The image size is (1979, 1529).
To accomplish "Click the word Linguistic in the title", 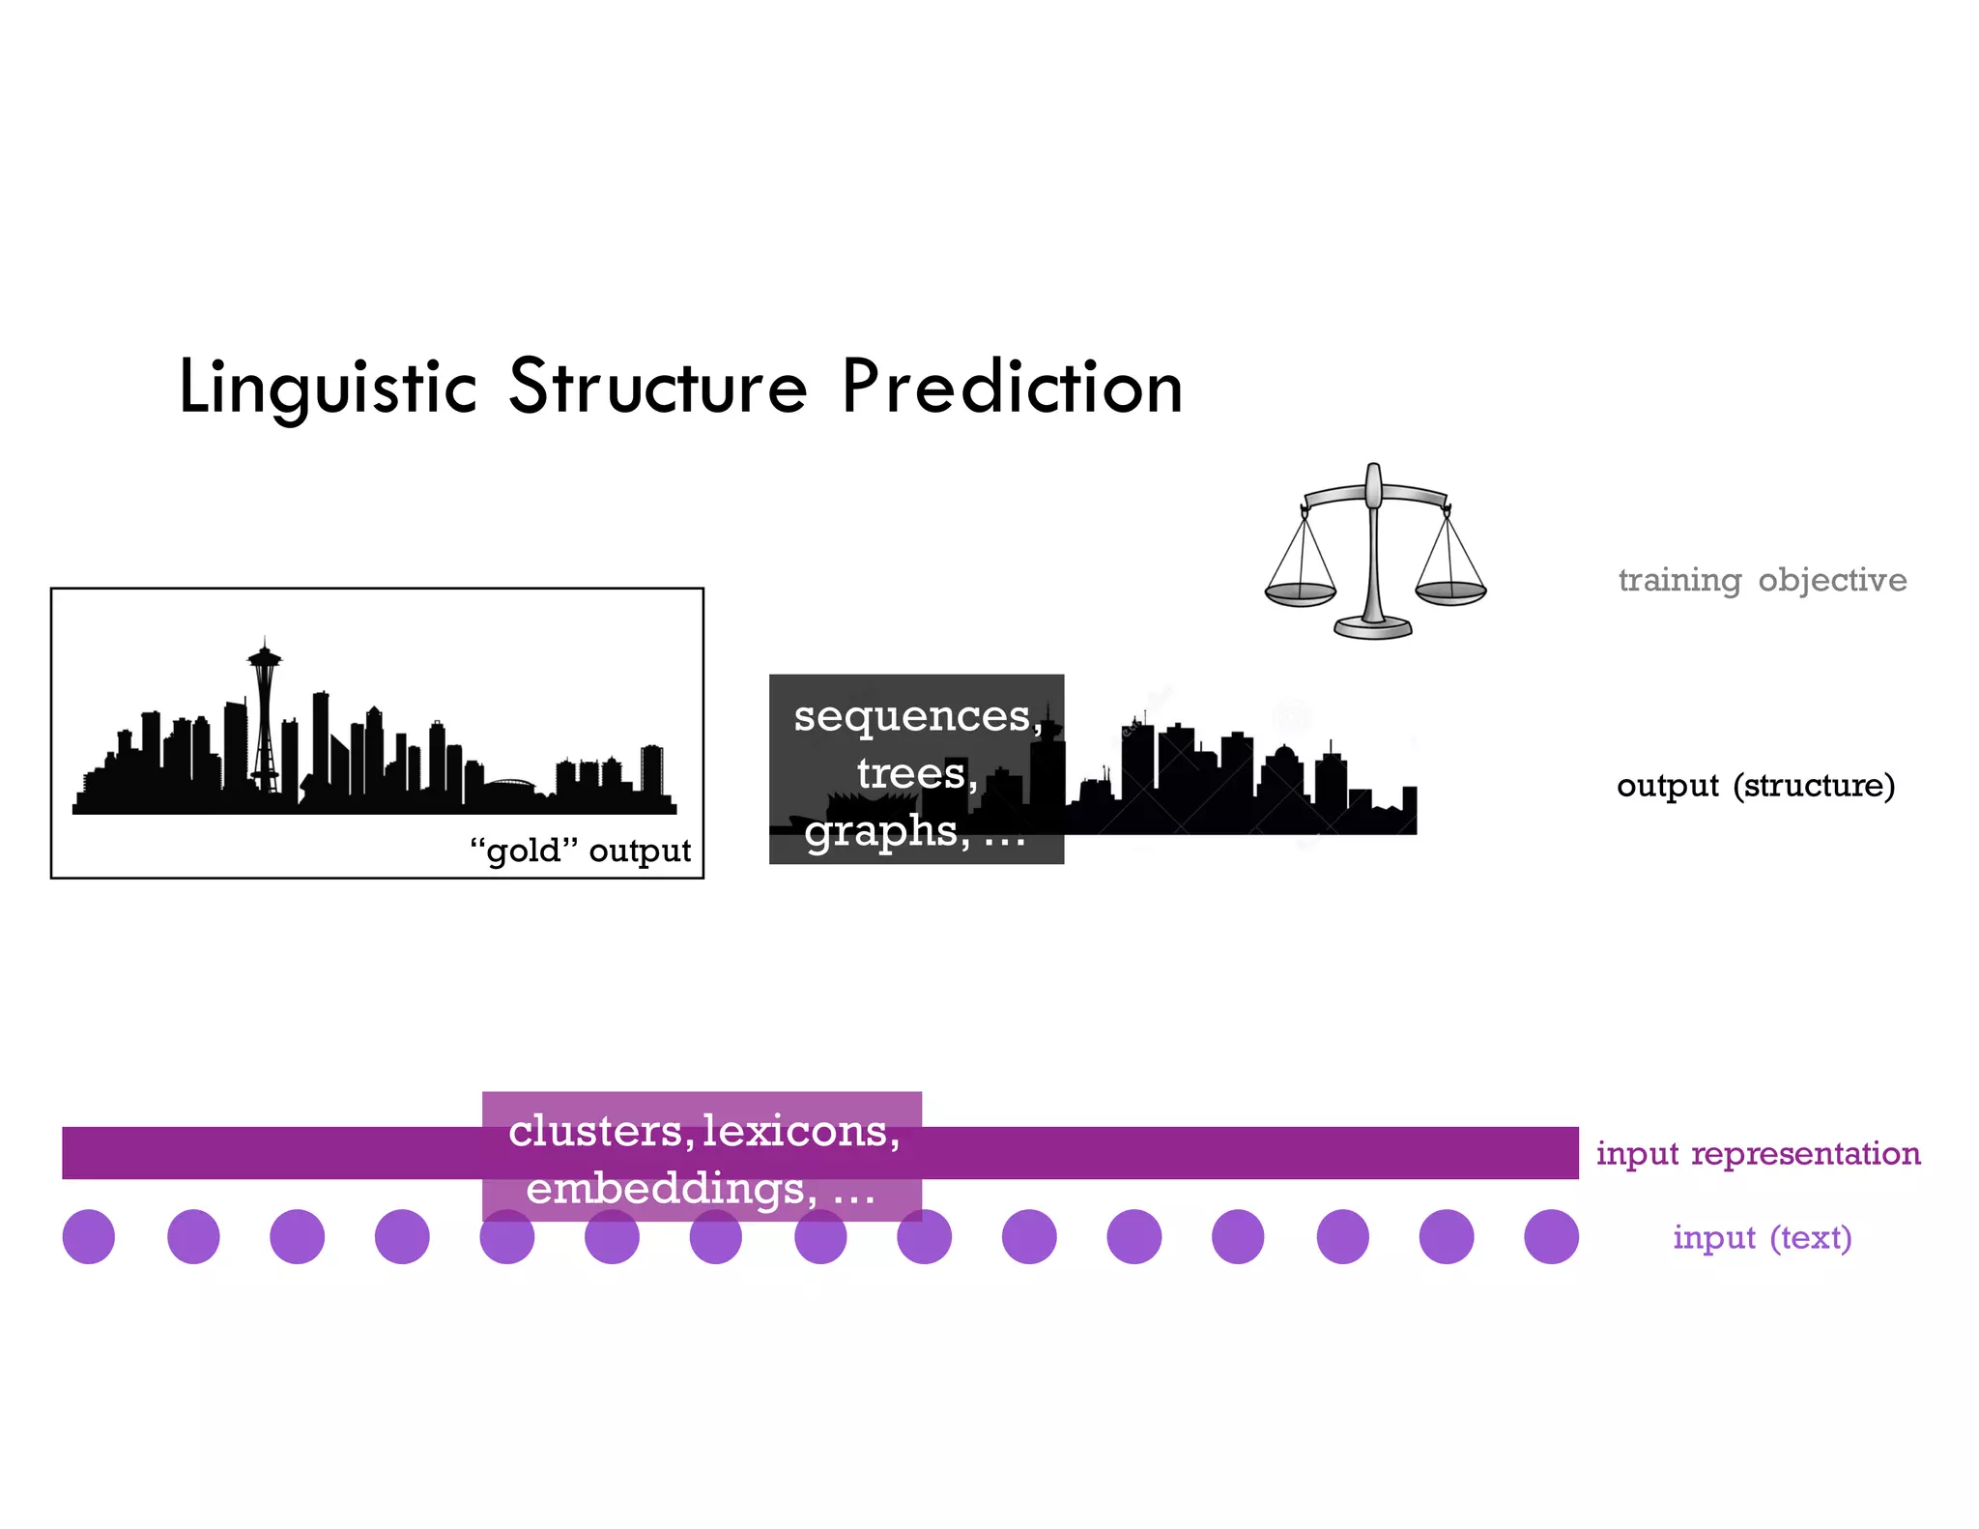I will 328,388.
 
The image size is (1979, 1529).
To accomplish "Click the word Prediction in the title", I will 1012,388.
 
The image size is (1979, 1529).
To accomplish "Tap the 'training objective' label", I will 1762,580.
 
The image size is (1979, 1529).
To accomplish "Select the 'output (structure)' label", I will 1755,785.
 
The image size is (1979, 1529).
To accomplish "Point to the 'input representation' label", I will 1758,1153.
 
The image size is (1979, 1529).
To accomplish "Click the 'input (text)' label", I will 1762,1237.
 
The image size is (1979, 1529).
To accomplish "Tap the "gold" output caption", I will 580,851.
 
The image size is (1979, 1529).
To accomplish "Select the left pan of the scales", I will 1300,593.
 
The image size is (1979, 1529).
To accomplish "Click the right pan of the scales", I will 1450,591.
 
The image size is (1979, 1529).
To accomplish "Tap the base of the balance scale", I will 1372,629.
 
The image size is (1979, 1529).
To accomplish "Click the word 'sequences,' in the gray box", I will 917,716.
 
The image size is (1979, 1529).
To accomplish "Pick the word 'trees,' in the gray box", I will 917,773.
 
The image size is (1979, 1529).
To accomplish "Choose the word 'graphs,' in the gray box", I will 887,831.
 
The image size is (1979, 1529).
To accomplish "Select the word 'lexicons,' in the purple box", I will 801,1131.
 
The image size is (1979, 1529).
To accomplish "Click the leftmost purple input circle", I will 89,1236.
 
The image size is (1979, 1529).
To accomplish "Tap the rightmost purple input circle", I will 1551,1236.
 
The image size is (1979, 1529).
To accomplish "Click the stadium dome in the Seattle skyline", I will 508,784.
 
